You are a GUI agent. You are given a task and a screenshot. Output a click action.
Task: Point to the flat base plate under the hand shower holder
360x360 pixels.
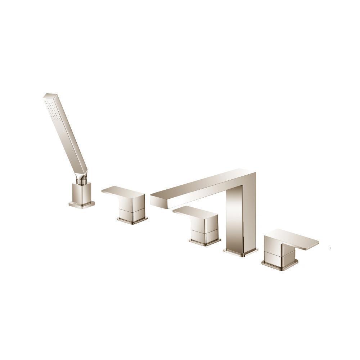click(x=82, y=204)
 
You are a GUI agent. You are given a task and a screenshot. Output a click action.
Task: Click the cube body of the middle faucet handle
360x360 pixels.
click(x=204, y=228)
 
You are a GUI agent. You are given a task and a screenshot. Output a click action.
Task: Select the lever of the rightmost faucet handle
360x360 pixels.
click(x=302, y=239)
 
